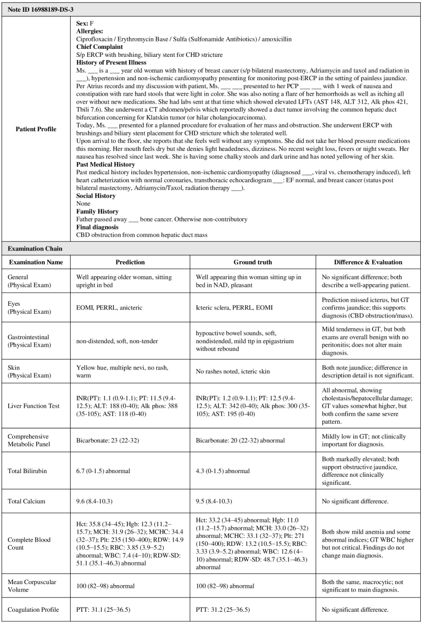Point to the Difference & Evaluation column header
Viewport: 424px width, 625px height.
(368, 262)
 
